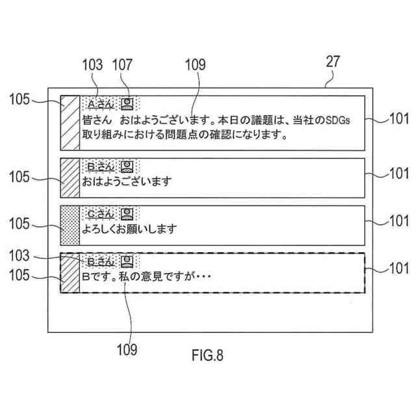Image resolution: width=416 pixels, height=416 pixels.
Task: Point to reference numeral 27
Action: click(x=332, y=63)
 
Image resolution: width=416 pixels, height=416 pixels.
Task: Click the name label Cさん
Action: click(x=101, y=213)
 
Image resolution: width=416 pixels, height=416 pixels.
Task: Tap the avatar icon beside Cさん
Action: click(x=128, y=213)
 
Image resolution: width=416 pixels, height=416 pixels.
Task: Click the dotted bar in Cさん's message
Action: click(x=70, y=225)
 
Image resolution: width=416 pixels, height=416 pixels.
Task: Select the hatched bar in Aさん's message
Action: click(x=70, y=123)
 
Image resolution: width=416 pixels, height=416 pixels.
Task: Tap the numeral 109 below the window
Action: click(x=127, y=350)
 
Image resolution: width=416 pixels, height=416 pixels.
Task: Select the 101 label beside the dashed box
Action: click(x=398, y=268)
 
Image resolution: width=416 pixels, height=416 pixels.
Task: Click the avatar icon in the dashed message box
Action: click(x=129, y=261)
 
